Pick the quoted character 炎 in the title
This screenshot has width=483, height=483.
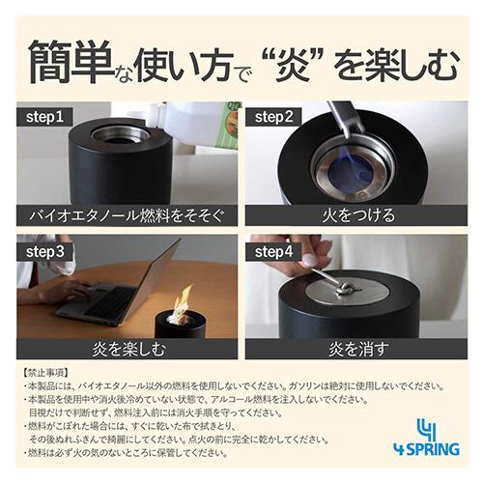point(309,61)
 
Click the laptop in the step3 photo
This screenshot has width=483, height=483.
point(116,295)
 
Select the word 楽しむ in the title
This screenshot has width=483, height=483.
point(411,61)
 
